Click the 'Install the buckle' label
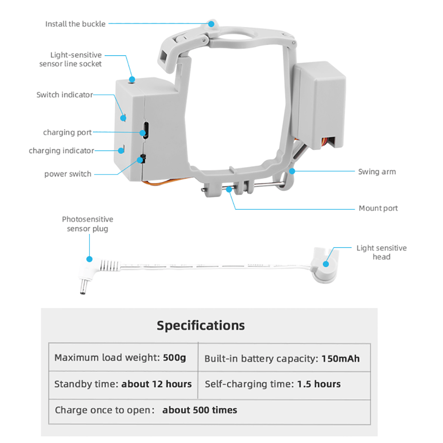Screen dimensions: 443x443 click(x=75, y=24)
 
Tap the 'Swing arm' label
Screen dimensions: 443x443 click(x=377, y=172)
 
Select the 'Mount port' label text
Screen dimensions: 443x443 click(x=378, y=208)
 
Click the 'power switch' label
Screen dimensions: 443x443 click(x=68, y=174)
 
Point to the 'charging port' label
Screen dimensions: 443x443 click(x=67, y=133)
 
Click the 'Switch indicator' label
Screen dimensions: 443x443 click(x=65, y=95)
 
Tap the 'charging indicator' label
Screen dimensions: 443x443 click(x=62, y=151)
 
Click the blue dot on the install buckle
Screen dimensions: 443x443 click(x=212, y=23)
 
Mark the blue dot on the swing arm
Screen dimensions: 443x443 click(x=292, y=171)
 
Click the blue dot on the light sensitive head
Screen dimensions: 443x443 click(x=326, y=264)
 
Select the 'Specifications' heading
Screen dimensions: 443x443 click(x=200, y=325)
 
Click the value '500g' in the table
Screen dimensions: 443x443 click(x=174, y=357)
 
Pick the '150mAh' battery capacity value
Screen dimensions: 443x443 click(x=340, y=358)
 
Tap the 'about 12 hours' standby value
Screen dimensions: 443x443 click(x=156, y=384)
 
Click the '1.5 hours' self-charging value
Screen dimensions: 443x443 click(x=319, y=384)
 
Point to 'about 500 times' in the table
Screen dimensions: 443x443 click(x=200, y=410)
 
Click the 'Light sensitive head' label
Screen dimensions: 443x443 click(x=381, y=252)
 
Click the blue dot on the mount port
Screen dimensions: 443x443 click(x=229, y=189)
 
